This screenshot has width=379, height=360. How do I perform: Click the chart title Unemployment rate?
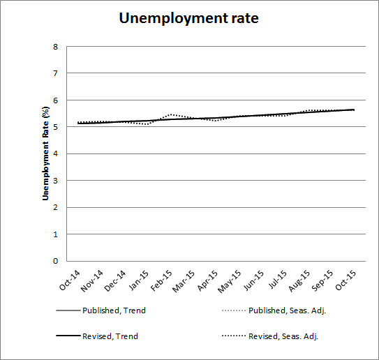tap(189, 19)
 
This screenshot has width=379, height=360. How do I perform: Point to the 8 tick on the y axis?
tap(55, 47)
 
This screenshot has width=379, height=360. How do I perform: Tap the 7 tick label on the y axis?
tap(55, 73)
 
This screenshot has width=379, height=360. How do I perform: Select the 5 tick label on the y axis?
tap(55, 127)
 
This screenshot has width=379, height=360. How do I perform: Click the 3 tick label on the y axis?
tap(55, 181)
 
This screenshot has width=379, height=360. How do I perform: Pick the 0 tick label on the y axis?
tap(55, 262)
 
